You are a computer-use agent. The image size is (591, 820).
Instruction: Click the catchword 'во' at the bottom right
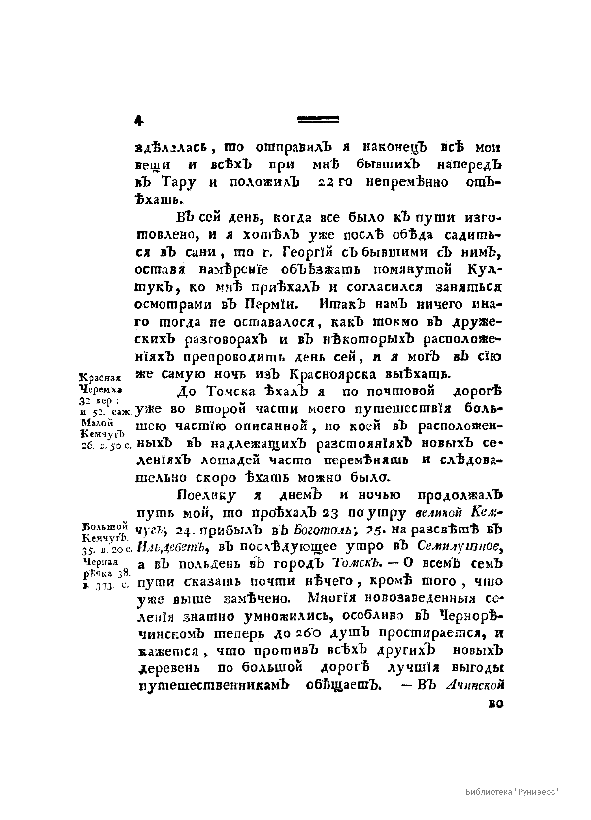pos(494,704)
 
